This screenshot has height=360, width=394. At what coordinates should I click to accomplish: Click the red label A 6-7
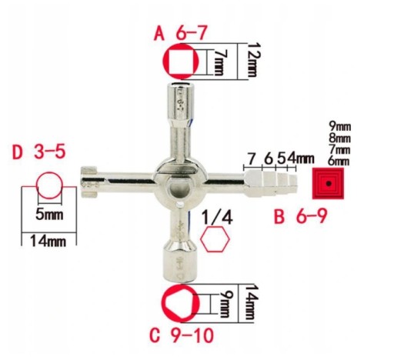click(180, 33)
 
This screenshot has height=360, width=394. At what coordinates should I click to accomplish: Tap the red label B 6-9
click(300, 216)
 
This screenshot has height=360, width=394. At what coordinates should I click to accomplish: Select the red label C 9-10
click(182, 335)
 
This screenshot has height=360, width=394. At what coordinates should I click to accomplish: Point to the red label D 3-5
click(39, 152)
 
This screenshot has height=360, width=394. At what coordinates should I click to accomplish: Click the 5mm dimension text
click(49, 215)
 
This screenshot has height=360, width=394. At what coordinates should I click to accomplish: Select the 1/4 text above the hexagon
click(217, 218)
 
